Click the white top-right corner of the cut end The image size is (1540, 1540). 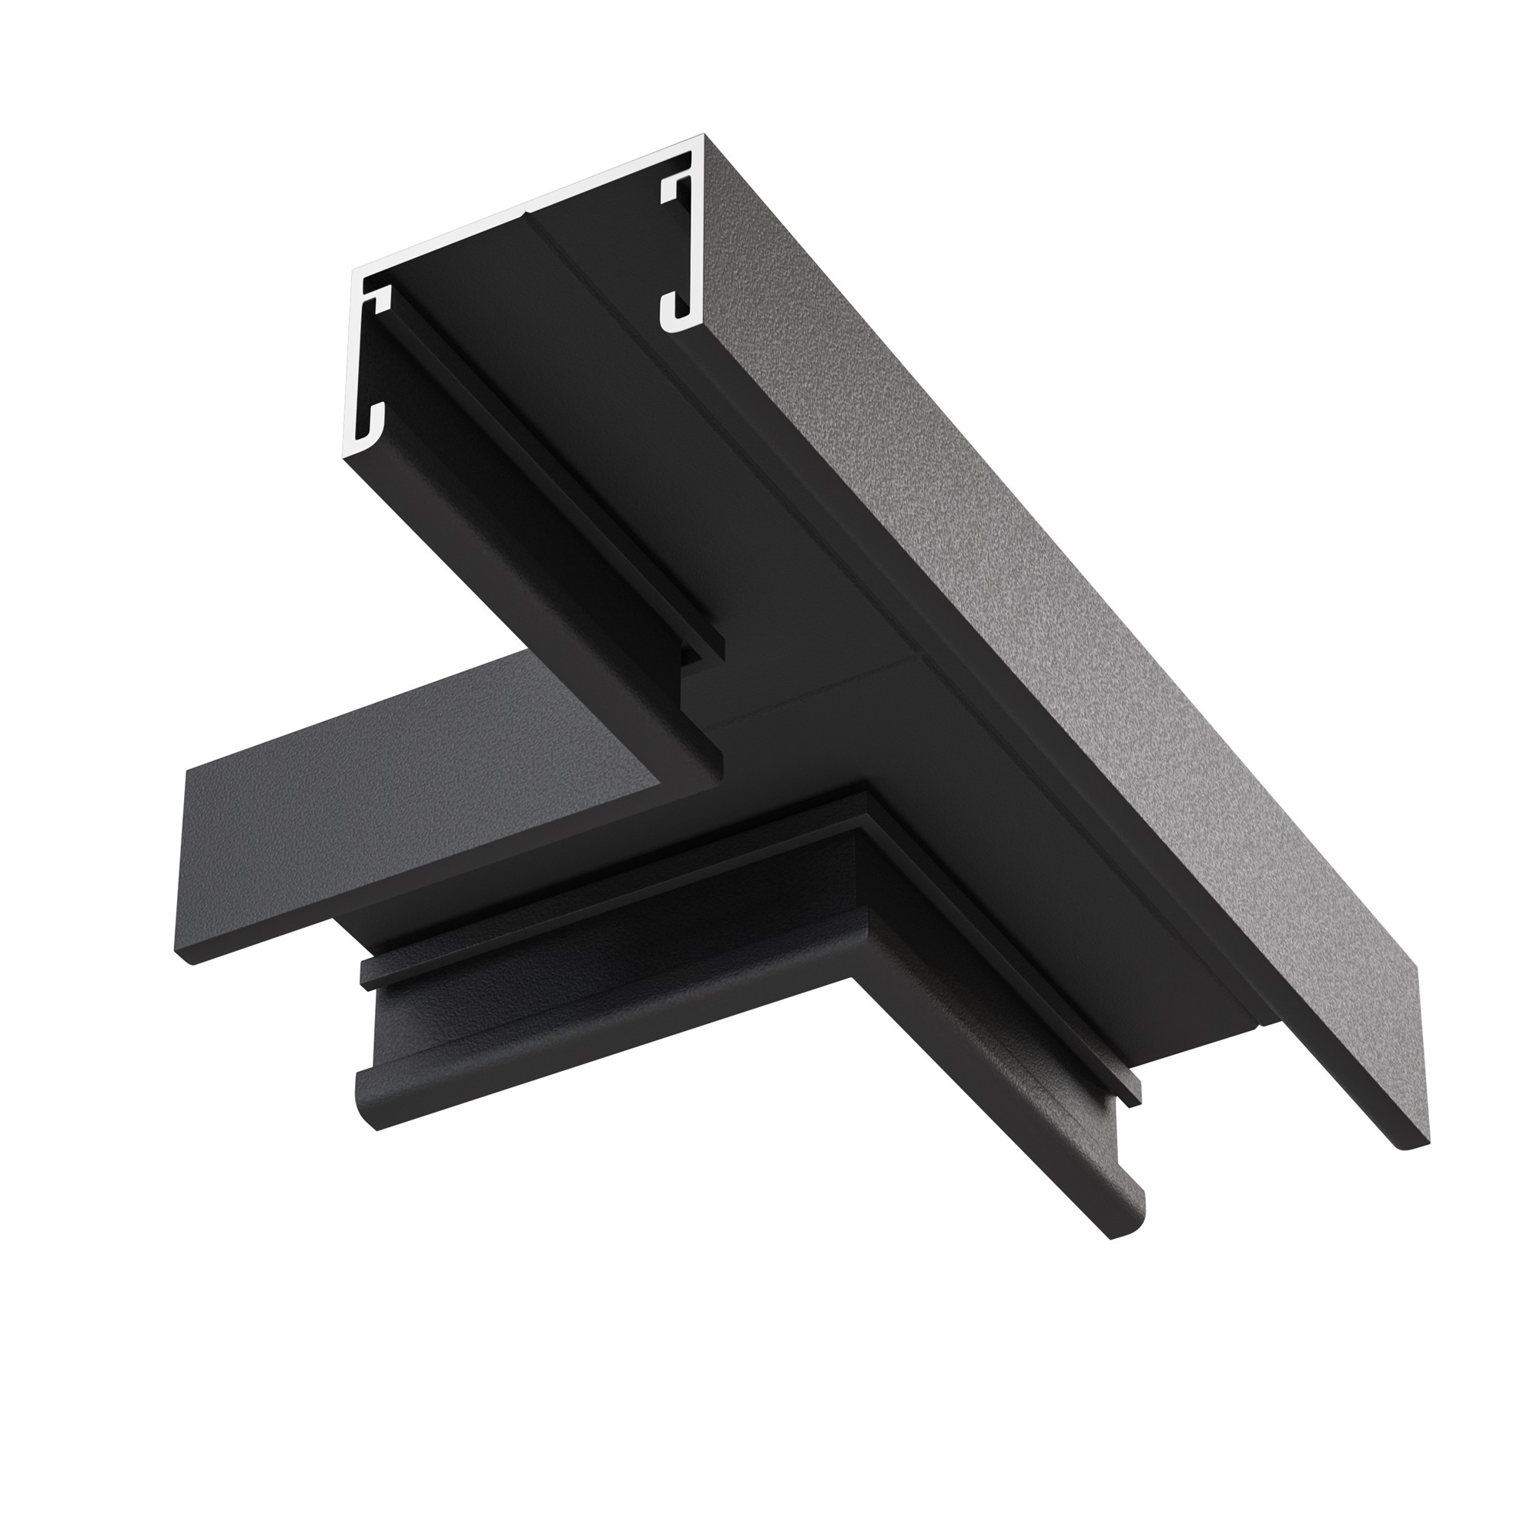(701, 137)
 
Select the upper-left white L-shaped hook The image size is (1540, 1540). (378, 300)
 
